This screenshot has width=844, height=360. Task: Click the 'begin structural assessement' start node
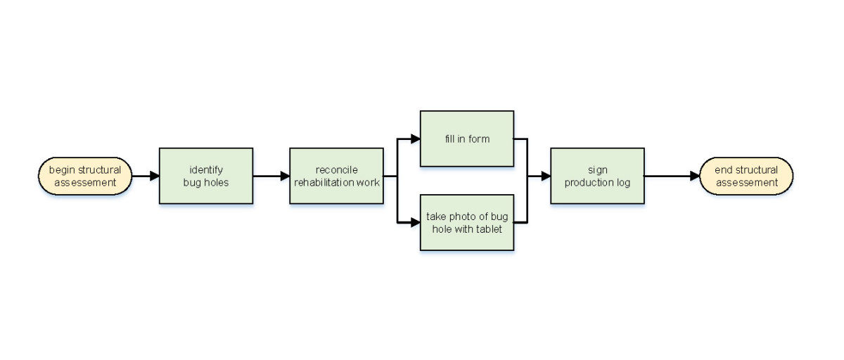[84, 176]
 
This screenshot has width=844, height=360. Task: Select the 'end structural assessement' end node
[746, 176]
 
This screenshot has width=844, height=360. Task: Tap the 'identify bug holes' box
[205, 176]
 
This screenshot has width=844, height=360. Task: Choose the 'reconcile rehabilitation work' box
[336, 176]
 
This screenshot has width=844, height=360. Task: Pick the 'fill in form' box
[467, 139]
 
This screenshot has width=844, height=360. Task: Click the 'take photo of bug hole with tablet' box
[467, 222]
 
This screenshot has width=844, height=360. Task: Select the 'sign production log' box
[597, 176]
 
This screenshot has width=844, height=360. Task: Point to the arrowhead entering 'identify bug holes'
[155, 176]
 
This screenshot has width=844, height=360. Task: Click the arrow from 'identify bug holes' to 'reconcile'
[271, 176]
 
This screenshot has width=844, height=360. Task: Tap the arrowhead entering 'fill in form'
[415, 139]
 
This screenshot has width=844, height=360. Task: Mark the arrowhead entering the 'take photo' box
[415, 222]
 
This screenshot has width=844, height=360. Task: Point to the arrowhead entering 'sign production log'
[546, 176]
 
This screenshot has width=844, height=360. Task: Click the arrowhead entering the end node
[694, 176]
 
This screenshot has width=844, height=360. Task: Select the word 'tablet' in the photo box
[487, 229]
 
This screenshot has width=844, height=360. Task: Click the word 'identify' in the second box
[205, 169]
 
